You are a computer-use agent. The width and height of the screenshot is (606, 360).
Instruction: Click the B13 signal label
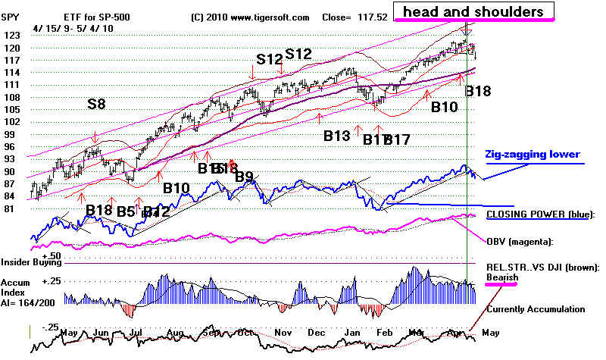coord(337,136)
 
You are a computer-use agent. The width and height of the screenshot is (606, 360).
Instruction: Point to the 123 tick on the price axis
coord(12,35)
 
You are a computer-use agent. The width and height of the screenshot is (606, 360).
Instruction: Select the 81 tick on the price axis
coord(10,208)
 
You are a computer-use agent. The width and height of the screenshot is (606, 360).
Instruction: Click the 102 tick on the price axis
coord(12,121)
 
